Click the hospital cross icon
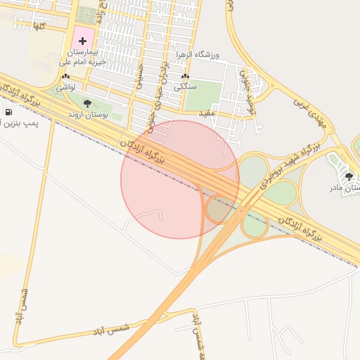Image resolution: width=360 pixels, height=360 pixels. pyautogui.click(x=83, y=41)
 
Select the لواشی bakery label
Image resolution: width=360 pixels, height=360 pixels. pyautogui.click(x=66, y=86)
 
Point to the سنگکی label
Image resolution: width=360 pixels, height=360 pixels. pyautogui.click(x=185, y=86)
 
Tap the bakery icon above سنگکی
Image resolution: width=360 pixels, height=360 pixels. pyautogui.click(x=185, y=77)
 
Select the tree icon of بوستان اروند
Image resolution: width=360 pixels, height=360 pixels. pyautogui.click(x=87, y=103)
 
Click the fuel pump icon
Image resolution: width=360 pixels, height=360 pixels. pyautogui.click(x=8, y=112)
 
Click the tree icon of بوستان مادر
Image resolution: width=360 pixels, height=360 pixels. pyautogui.click(x=349, y=176)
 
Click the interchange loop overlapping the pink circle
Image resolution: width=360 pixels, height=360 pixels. pyautogui.click(x=219, y=209)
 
